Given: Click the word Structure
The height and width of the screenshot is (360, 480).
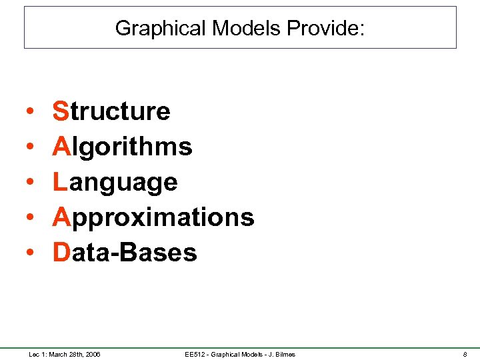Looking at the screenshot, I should click(x=111, y=111).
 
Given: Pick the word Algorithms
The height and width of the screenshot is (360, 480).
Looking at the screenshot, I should click(x=123, y=147).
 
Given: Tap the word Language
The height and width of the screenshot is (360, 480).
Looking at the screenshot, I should click(x=115, y=182).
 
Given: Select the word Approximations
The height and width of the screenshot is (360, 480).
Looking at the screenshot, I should click(x=153, y=217).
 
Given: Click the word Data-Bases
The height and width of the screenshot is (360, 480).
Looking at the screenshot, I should click(x=125, y=253).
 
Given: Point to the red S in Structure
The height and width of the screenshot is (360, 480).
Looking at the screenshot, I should click(x=61, y=111).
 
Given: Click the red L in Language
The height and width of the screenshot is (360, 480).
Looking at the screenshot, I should click(x=60, y=182).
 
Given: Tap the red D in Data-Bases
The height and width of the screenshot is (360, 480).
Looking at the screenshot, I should click(x=61, y=253).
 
